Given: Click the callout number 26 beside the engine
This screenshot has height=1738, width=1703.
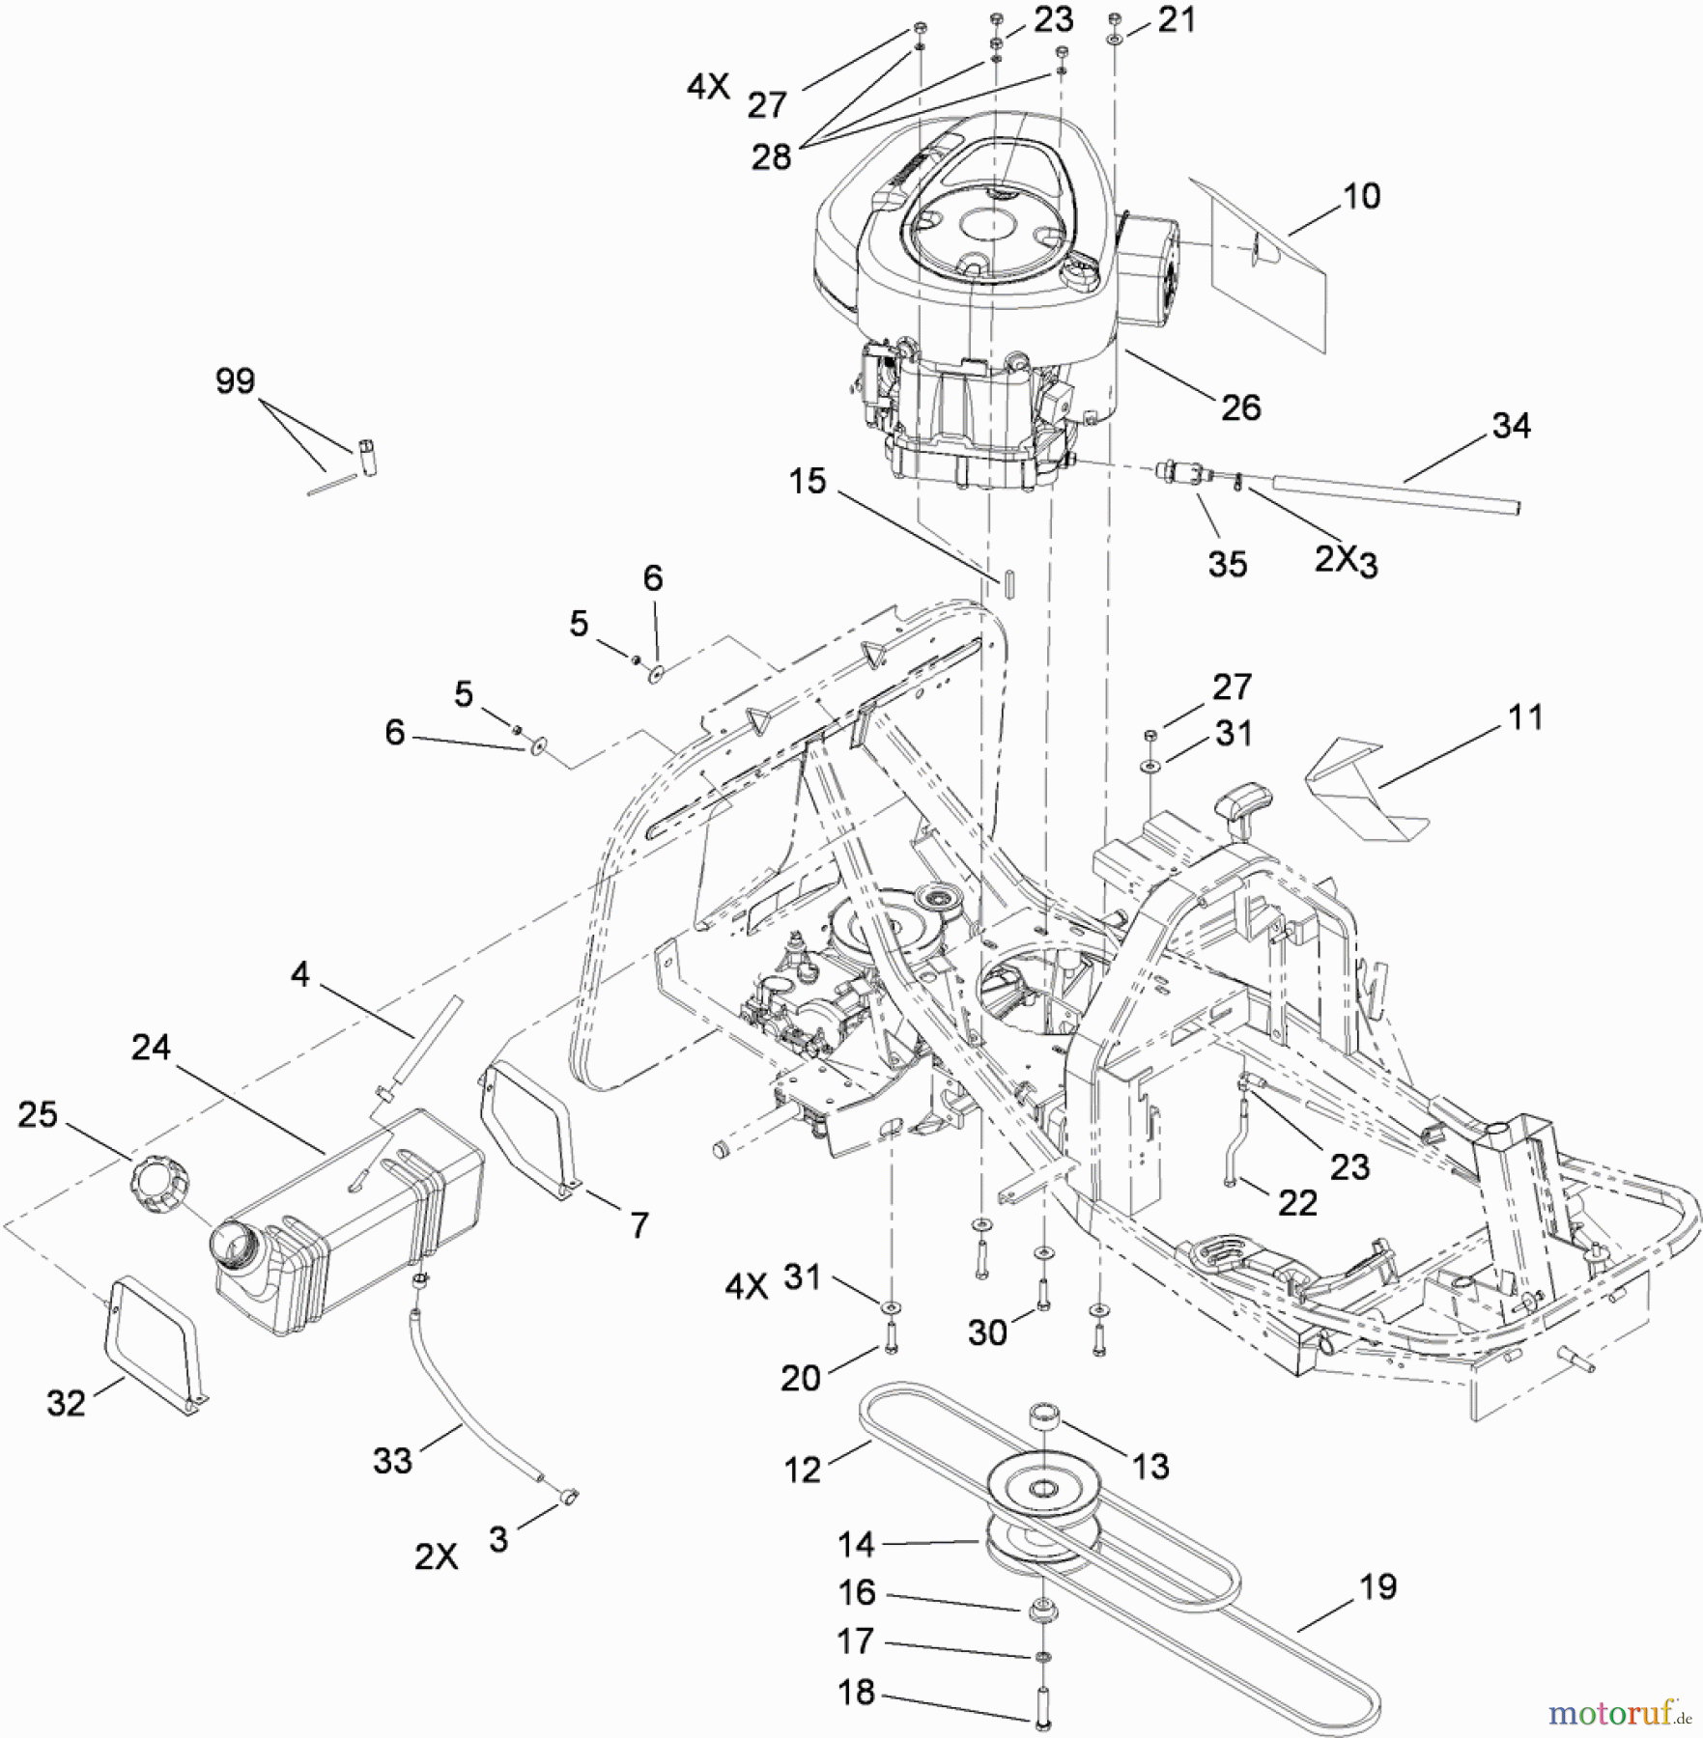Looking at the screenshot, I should pyautogui.click(x=1240, y=407).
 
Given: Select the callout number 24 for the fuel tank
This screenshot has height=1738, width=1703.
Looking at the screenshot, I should pyautogui.click(x=151, y=1048).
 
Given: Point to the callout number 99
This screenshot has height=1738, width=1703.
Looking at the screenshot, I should pyautogui.click(x=235, y=381).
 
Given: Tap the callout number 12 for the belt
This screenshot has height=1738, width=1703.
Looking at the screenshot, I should pyautogui.click(x=803, y=1470).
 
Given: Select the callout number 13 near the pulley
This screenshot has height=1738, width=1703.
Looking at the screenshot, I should pyautogui.click(x=1150, y=1467).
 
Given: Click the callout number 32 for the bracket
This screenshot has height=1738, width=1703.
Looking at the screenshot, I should pyautogui.click(x=66, y=1403).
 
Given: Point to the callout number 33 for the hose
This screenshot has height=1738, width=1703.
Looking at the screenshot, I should pyautogui.click(x=392, y=1461).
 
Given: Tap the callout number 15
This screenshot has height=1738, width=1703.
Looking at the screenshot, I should pyautogui.click(x=808, y=480).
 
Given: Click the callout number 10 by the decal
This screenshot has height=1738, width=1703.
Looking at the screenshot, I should pyautogui.click(x=1361, y=196).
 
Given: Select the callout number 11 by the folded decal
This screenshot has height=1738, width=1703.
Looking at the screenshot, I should pyautogui.click(x=1525, y=717).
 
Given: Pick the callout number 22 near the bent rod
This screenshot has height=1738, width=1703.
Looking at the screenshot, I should pyautogui.click(x=1297, y=1203).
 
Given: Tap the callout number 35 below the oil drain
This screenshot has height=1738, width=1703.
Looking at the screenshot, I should pyautogui.click(x=1227, y=564).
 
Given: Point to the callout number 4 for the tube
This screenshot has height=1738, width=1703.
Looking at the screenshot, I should pyautogui.click(x=300, y=975).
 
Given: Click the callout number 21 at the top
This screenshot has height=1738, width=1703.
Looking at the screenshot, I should pyautogui.click(x=1176, y=20).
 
